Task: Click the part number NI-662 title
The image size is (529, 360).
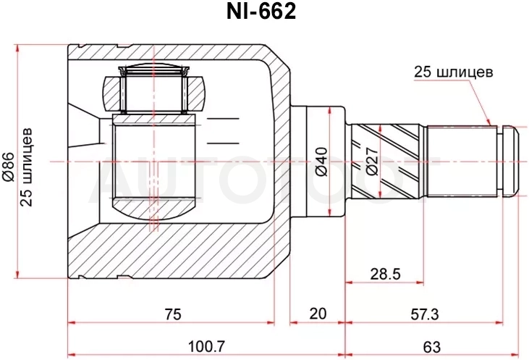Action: pos(261,12)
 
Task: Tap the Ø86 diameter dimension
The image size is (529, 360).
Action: pos(9,167)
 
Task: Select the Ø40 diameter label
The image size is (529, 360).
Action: pos(321,162)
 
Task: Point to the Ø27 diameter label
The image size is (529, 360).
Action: pos(371,162)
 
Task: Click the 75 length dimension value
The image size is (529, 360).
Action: pos(173,314)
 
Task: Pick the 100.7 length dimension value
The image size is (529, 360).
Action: pos(206,346)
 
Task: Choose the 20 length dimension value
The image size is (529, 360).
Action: pos(318,314)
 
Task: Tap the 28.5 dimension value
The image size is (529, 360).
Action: pos(385,274)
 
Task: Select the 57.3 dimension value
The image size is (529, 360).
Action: pos(424,314)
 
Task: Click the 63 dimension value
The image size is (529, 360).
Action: pos(431,347)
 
